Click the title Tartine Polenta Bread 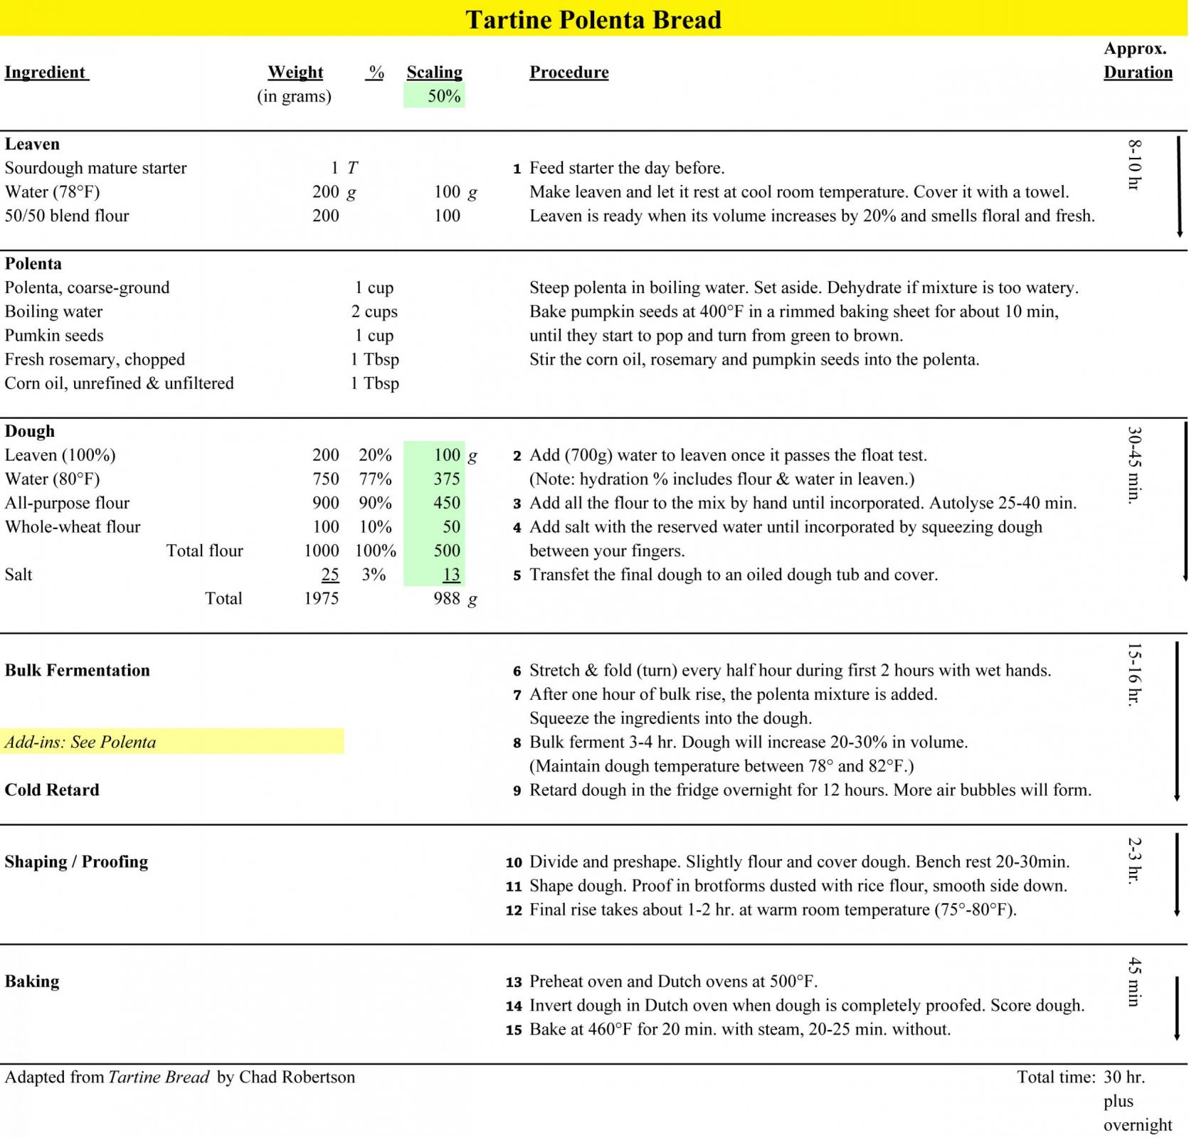[593, 19]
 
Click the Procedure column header [569, 72]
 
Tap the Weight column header [295, 72]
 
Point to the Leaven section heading [32, 144]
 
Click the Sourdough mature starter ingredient [95, 168]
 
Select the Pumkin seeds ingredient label [54, 335]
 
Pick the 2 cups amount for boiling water [374, 312]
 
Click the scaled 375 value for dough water [447, 479]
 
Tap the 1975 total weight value [321, 598]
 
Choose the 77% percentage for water [375, 479]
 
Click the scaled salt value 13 [451, 575]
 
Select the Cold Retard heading [52, 789]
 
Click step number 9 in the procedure [517, 790]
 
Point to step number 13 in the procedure [514, 982]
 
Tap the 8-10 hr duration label [1134, 164]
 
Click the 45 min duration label [1134, 982]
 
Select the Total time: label [1055, 1077]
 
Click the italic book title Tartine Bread [159, 1077]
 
